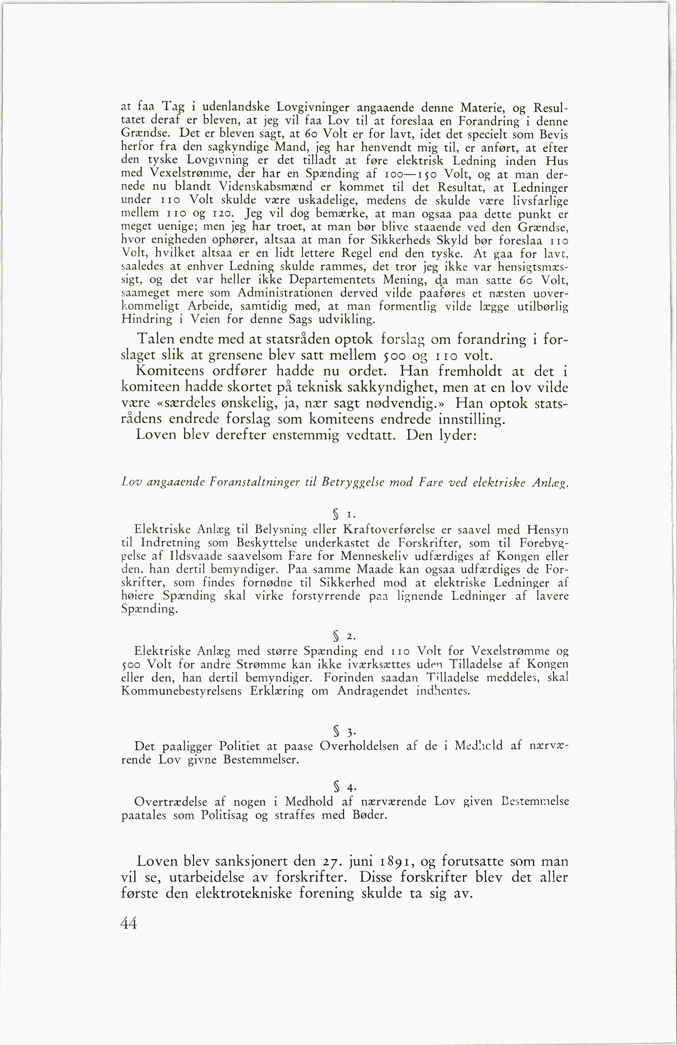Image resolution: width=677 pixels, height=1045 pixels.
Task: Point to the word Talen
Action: tap(158, 339)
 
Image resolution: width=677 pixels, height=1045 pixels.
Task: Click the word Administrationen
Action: tap(288, 293)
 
